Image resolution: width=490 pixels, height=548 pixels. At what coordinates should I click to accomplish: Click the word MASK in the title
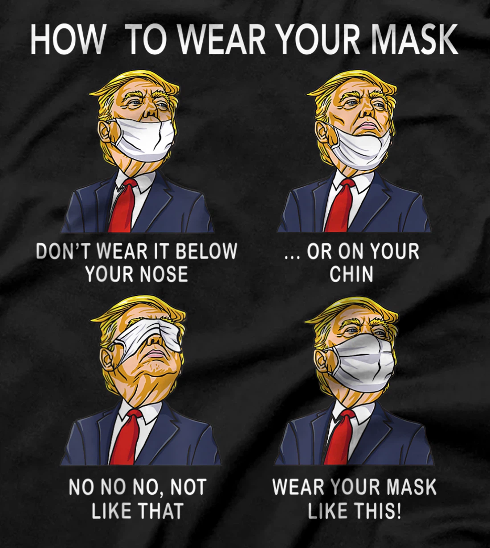[413, 39]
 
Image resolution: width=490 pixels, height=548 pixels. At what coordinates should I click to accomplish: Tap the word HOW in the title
[67, 39]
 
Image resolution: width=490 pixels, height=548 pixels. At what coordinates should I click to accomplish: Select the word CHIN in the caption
[351, 274]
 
